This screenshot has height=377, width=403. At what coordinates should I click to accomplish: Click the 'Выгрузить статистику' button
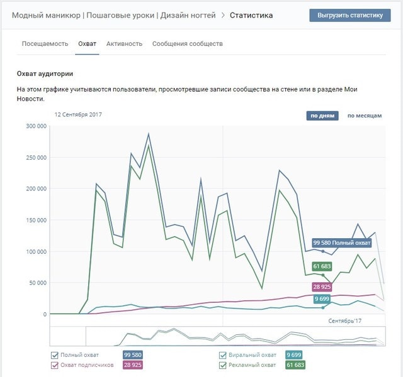(350, 15)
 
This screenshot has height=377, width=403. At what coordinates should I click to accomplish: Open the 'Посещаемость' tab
(45, 44)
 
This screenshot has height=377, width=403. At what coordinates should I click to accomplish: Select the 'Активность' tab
(124, 44)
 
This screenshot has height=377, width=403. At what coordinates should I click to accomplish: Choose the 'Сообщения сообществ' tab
(187, 44)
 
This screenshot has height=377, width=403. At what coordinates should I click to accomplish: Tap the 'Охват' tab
(87, 44)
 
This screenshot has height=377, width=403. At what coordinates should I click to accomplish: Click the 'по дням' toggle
(322, 116)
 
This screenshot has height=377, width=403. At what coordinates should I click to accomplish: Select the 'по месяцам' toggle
(365, 116)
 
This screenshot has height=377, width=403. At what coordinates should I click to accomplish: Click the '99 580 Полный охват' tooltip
(341, 243)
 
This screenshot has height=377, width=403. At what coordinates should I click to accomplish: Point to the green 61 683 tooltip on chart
(322, 267)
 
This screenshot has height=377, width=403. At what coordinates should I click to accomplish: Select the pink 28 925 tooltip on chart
(322, 287)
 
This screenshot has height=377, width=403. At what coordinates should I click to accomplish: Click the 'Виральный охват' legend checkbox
(222, 355)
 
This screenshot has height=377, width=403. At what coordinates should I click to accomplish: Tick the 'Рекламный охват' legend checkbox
(222, 364)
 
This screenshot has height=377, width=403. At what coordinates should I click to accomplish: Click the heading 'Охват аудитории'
(45, 74)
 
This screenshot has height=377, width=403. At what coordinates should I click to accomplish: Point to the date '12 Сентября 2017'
(78, 115)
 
